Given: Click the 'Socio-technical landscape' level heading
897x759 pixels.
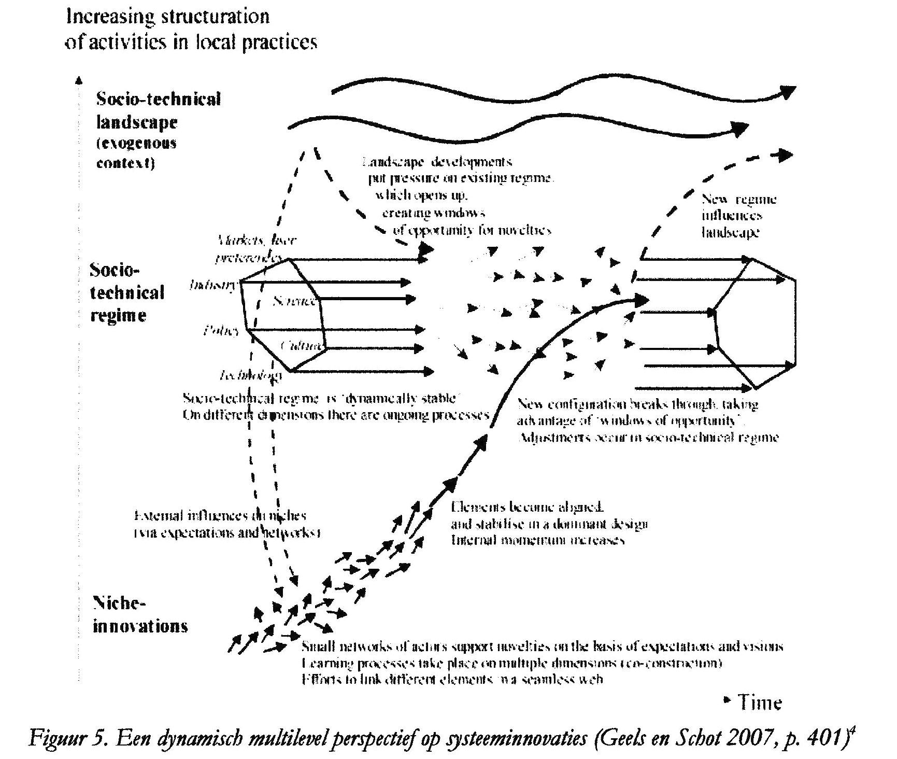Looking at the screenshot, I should [159, 110].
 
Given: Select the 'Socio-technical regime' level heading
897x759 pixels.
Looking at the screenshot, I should [127, 292].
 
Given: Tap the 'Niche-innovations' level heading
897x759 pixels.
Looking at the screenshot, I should [140, 614].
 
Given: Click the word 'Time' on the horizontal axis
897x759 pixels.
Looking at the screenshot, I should [760, 702].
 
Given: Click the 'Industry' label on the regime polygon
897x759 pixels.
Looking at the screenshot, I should [214, 285].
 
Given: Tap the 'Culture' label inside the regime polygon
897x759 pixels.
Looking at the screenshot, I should [303, 346].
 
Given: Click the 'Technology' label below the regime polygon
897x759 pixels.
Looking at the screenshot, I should [251, 375].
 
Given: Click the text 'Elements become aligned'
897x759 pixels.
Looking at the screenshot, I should [526, 507].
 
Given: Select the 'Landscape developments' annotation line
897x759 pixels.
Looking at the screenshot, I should [437, 162].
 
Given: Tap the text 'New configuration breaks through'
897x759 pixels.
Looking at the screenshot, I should [637, 404].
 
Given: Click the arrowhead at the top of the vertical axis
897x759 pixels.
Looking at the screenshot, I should [79, 80].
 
